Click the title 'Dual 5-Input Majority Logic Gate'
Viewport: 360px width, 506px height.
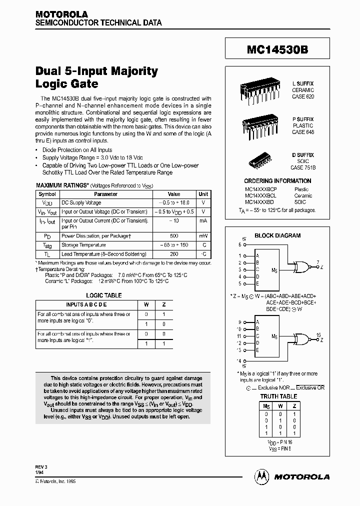(96, 77)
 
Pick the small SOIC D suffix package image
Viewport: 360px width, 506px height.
(262, 159)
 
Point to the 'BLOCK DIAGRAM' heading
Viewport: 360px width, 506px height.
(277, 235)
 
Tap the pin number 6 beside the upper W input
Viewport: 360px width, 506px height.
(239, 245)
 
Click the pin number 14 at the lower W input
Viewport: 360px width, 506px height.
(239, 360)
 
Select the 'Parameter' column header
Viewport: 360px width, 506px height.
(106, 194)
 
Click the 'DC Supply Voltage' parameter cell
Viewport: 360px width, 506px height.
(81, 202)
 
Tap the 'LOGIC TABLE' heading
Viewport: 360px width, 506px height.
(104, 295)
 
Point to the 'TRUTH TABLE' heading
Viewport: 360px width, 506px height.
(278, 396)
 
